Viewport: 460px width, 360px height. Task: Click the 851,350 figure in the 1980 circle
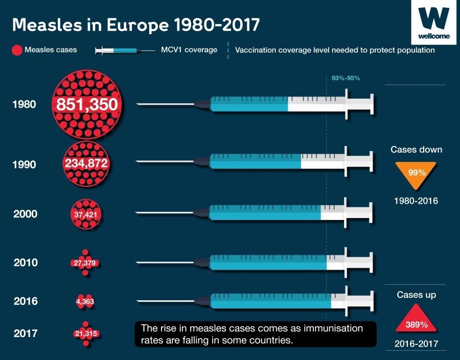(87, 105)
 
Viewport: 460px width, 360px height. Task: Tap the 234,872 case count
(86, 163)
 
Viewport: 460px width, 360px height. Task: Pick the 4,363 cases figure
(85, 302)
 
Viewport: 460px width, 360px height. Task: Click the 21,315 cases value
(85, 333)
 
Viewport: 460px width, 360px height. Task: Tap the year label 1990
(25, 164)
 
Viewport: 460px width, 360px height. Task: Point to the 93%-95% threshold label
(346, 78)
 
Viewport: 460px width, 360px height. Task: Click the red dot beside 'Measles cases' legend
(17, 51)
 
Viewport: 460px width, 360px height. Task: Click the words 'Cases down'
(416, 150)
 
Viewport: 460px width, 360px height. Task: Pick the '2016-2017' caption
(416, 344)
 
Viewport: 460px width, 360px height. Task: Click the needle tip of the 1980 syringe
(138, 105)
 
